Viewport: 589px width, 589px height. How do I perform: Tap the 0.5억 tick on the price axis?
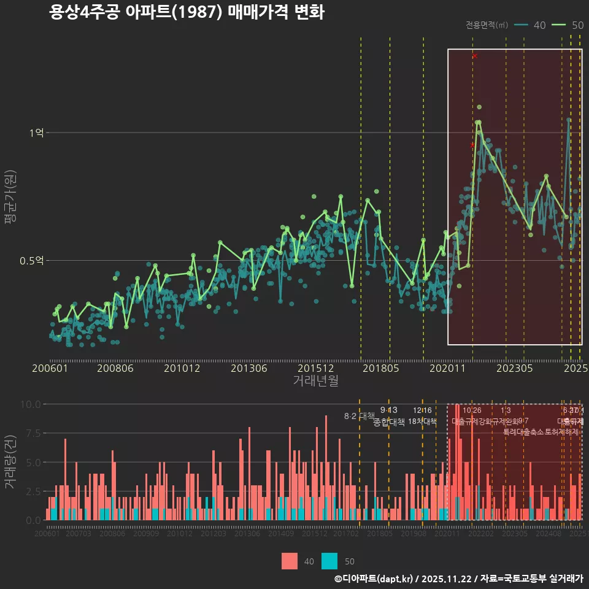tap(31, 261)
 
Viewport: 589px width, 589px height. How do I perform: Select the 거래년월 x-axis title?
tap(315, 380)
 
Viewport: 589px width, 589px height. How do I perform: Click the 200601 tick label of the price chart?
tap(50, 368)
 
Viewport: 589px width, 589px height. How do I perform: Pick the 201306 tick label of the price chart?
tap(248, 368)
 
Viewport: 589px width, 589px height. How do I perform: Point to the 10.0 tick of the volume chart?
tap(30, 404)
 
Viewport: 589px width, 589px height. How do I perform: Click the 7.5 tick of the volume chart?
tap(33, 433)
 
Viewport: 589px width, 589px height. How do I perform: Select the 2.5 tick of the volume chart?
tap(33, 491)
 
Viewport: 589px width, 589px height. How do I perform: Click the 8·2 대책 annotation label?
tap(360, 416)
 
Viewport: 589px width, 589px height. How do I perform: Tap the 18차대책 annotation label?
tap(422, 422)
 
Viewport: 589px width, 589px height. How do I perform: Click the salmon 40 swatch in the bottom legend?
tap(290, 561)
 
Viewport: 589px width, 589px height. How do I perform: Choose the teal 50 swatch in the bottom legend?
tap(329, 561)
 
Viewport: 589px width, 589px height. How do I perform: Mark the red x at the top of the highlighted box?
tap(474, 56)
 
